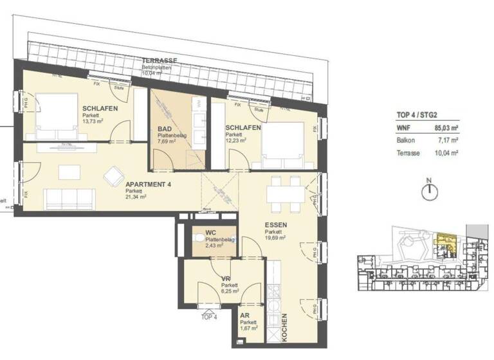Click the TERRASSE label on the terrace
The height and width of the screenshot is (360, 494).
point(160,60)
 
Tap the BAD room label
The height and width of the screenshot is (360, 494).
point(164,129)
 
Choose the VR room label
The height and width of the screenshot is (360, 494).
point(226,278)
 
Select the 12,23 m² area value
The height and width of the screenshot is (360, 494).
point(239,141)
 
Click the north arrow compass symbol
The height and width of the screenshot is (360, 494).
point(429,190)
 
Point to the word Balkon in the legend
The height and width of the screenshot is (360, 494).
point(406,140)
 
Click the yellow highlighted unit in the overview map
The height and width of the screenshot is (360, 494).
point(444,244)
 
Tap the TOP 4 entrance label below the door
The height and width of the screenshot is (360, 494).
point(209,317)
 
